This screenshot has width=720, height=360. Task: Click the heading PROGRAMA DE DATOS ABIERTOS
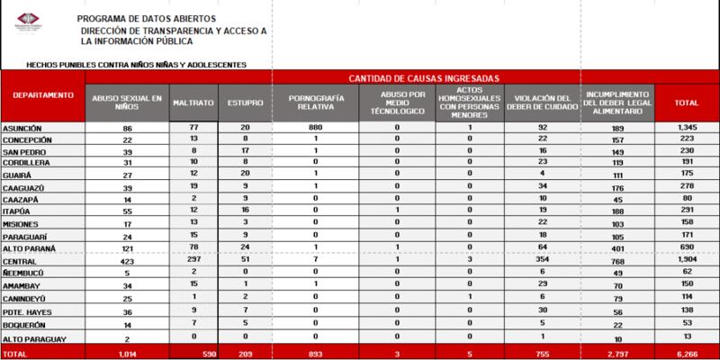(x=136, y=18)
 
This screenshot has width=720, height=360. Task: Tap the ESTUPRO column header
(x=239, y=103)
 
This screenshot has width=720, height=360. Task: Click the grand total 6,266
(x=688, y=353)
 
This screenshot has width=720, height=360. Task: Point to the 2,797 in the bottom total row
(x=617, y=353)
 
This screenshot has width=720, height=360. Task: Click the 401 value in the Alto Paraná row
(x=617, y=246)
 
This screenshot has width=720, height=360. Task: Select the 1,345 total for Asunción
(x=688, y=129)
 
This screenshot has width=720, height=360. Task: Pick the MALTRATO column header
(x=192, y=103)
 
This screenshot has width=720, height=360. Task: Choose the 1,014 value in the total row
(x=126, y=353)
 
